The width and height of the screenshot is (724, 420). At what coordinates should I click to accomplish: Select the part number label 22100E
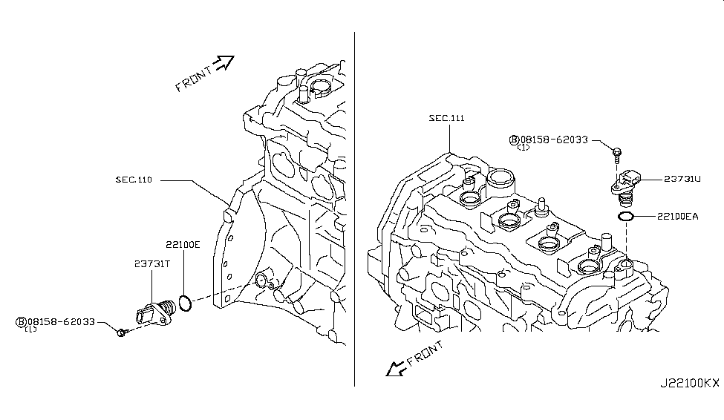183,243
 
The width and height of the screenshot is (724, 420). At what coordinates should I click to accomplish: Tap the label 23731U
682,179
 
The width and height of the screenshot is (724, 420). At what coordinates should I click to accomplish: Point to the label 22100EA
677,217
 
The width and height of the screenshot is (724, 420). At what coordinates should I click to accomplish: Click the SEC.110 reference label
134,180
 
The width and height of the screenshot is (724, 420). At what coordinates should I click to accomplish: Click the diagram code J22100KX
690,384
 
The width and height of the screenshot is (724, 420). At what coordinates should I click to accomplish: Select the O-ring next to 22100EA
625,217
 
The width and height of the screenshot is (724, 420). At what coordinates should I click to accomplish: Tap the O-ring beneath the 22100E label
187,303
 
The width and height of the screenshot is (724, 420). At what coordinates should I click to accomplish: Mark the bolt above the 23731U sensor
616,154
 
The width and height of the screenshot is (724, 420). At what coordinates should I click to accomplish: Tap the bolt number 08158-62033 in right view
554,139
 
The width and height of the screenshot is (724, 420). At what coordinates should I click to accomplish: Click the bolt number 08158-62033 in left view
61,321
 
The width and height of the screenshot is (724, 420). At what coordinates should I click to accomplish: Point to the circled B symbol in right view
514,139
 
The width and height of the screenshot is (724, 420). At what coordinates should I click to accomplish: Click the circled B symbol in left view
22,321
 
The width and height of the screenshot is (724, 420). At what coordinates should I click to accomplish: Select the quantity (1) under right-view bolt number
523,148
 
